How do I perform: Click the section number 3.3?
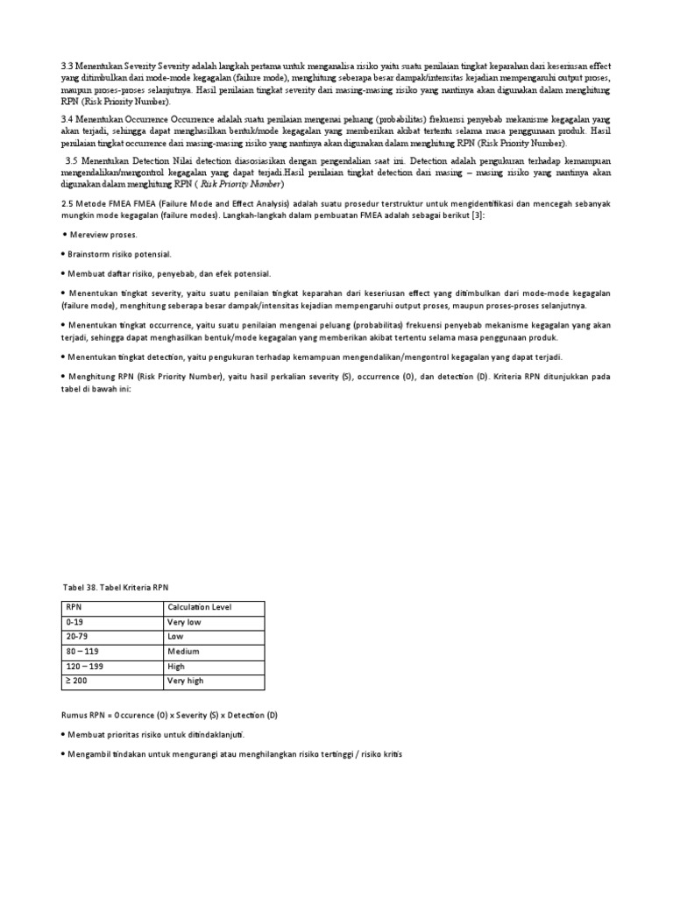[x=67, y=67]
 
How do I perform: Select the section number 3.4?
[x=67, y=118]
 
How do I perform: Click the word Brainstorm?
[x=94, y=254]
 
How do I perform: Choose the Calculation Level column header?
[x=198, y=607]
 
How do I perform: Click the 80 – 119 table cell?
[x=83, y=652]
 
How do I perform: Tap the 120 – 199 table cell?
[x=86, y=667]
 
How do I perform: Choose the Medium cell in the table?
[x=183, y=652]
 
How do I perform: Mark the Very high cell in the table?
[x=186, y=681]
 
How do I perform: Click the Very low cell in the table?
[x=185, y=622]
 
